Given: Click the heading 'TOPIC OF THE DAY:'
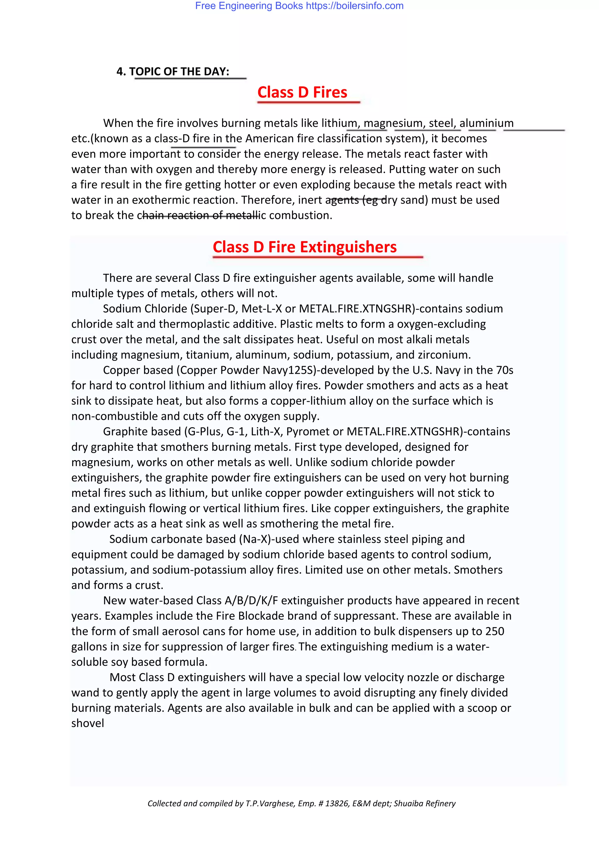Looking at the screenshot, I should pyautogui.click(x=179, y=72).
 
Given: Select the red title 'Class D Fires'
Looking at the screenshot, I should pyautogui.click(x=302, y=92).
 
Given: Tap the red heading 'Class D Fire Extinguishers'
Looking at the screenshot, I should pyautogui.click(x=305, y=247).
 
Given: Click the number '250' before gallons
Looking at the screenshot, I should pyautogui.click(x=495, y=631).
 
